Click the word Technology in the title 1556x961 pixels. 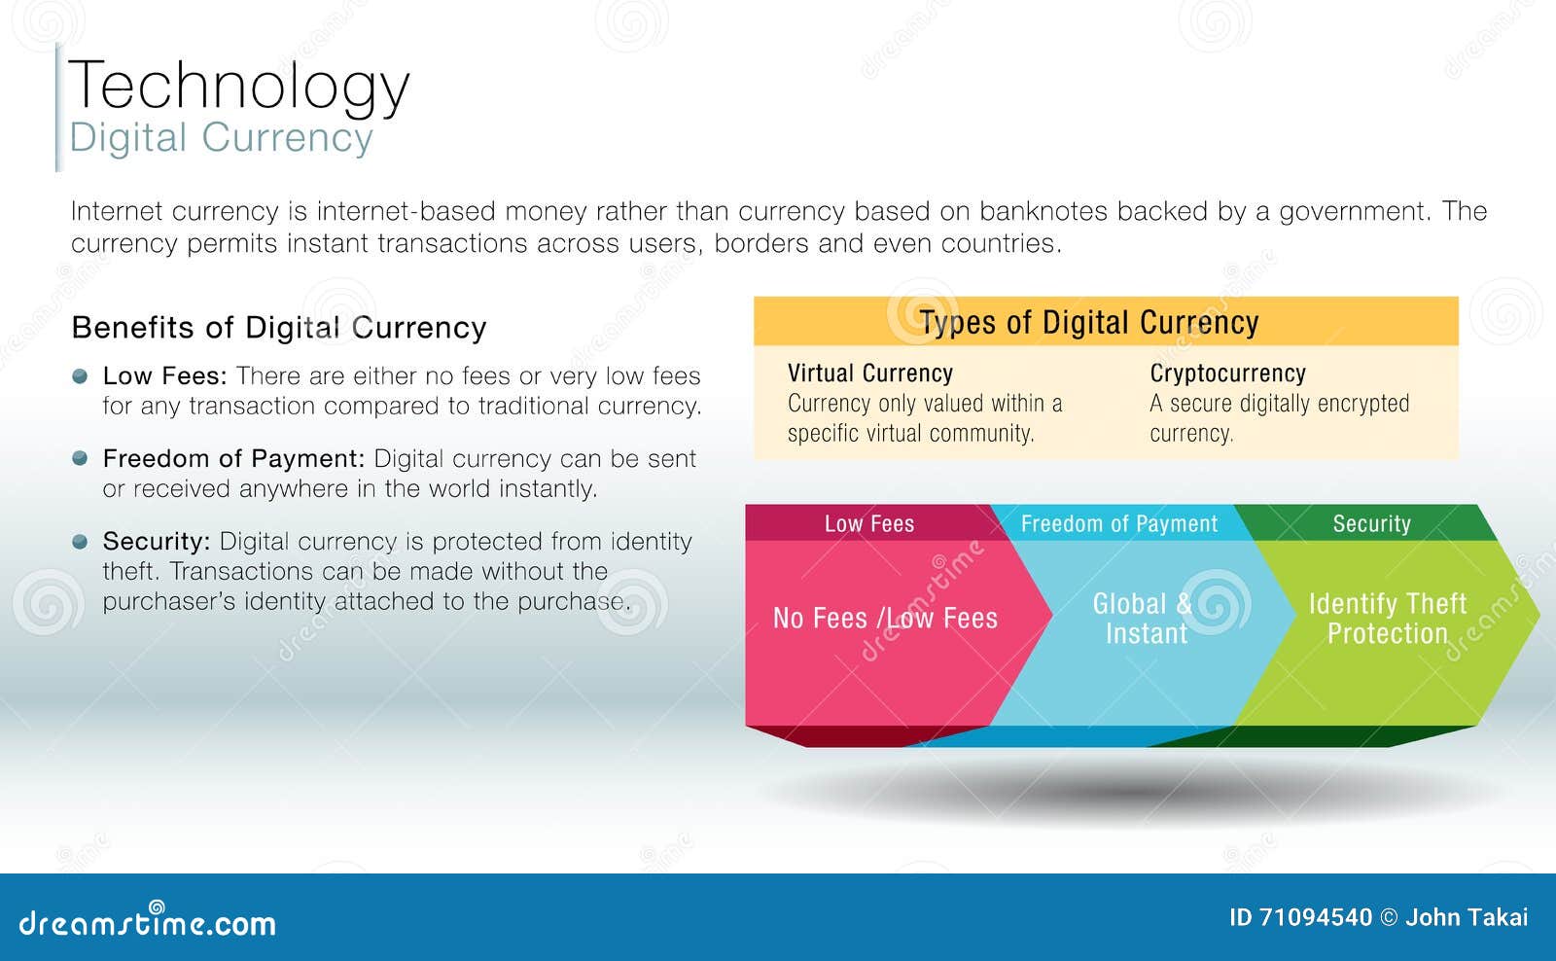[238, 86]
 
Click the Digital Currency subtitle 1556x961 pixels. [221, 138]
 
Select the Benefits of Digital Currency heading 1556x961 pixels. [278, 328]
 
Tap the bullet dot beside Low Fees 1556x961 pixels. [80, 376]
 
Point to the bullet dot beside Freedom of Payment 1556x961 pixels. [80, 458]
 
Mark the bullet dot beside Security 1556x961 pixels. [80, 542]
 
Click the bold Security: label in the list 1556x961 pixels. [156, 541]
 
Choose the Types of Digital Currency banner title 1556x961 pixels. [1089, 322]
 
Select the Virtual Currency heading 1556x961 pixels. [869, 374]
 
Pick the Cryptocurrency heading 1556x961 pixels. [1227, 374]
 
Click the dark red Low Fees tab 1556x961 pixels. [868, 523]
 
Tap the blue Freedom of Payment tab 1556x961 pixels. [1118, 523]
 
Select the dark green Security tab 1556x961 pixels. [1370, 523]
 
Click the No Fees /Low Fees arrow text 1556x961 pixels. [884, 619]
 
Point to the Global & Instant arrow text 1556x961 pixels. [1144, 619]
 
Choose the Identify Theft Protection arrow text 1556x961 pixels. [1387, 619]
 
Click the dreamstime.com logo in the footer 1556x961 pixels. [147, 922]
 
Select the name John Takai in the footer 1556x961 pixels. [1467, 917]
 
